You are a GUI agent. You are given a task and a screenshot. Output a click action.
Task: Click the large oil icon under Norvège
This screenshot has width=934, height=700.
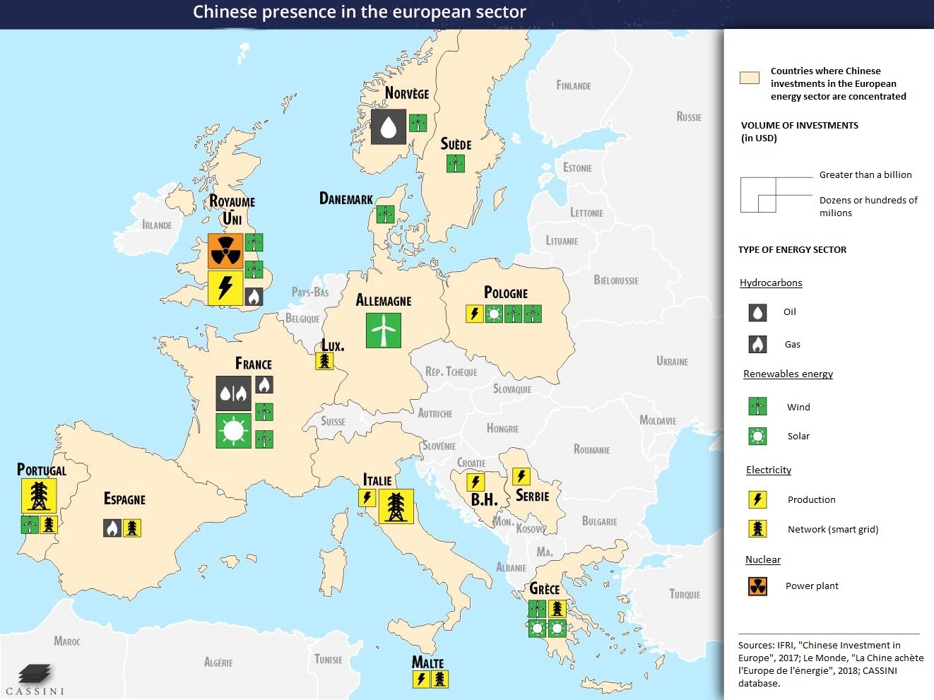click(388, 126)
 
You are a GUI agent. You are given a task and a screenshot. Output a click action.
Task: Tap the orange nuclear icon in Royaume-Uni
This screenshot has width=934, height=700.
click(225, 251)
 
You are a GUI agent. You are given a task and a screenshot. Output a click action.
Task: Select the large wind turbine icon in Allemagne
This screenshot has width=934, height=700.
click(384, 330)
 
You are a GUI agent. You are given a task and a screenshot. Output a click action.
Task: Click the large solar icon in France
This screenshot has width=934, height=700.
click(233, 431)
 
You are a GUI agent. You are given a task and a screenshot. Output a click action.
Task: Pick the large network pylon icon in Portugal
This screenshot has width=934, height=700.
click(39, 496)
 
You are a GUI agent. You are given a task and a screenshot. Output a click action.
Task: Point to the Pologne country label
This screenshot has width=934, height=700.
click(506, 292)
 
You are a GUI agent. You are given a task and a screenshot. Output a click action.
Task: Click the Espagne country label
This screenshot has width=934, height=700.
click(124, 499)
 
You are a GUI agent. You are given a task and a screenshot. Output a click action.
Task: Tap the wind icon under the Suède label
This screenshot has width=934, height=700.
click(455, 164)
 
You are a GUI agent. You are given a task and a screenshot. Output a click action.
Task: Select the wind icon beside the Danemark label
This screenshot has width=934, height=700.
click(385, 214)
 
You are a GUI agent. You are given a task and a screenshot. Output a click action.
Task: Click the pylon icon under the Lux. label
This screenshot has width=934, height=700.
click(324, 361)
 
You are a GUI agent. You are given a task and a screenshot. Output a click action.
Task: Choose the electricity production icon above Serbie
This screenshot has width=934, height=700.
click(521, 477)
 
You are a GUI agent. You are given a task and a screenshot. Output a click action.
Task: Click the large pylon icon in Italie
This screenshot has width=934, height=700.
click(396, 506)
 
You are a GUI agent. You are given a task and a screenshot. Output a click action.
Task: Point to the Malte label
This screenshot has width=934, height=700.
click(427, 663)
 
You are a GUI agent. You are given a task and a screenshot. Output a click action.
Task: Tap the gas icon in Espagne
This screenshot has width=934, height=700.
click(112, 528)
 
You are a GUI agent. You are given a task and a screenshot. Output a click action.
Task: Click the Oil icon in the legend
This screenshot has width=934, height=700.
click(757, 312)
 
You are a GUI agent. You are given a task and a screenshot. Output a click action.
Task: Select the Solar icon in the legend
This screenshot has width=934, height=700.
click(757, 437)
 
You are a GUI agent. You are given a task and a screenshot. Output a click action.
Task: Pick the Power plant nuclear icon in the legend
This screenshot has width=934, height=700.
click(757, 586)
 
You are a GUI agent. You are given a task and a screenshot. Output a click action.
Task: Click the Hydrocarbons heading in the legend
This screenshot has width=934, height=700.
click(771, 283)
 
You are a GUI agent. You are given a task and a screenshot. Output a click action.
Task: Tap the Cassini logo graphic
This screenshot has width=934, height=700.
click(35, 673)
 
